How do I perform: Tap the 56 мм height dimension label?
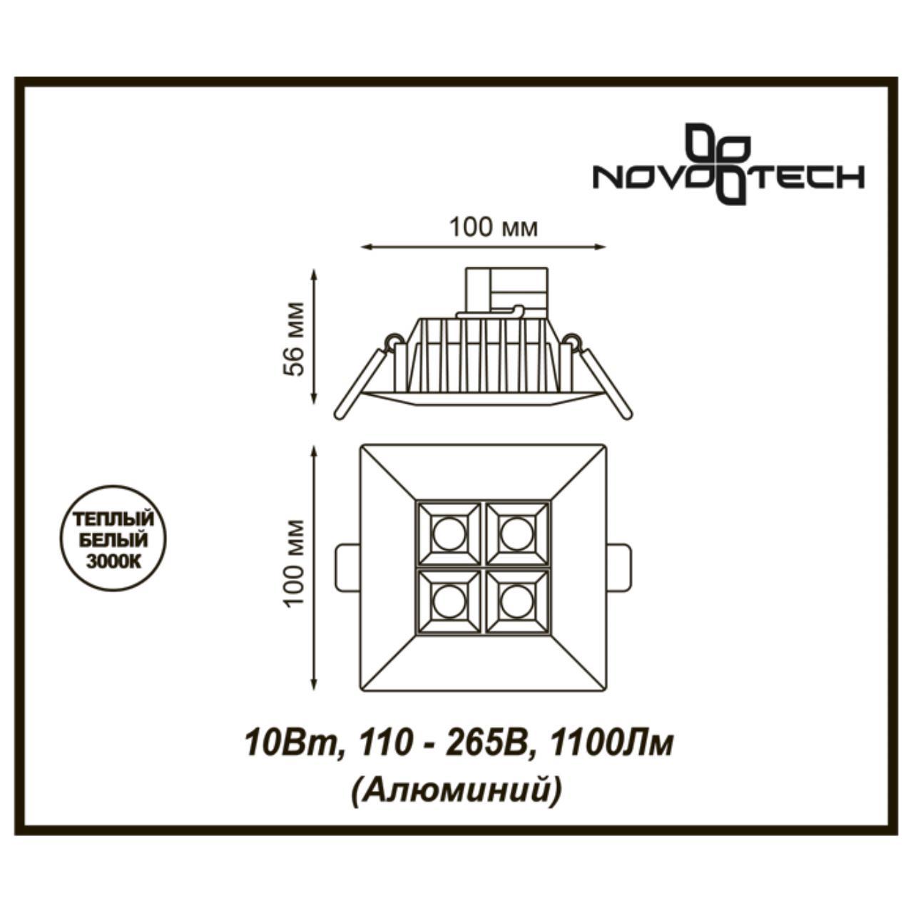(x=295, y=338)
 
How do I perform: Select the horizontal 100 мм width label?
(x=493, y=228)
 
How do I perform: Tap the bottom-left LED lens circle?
(x=449, y=602)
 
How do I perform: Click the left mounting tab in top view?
(x=347, y=568)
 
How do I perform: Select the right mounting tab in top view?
(x=619, y=568)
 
